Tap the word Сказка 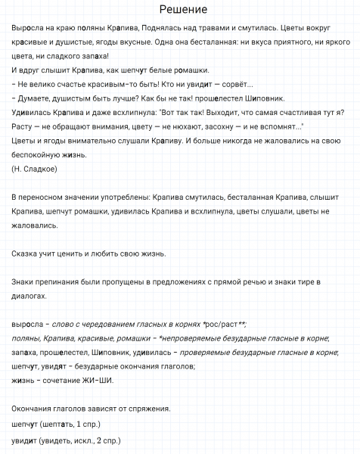(29, 253)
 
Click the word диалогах (33, 296)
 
